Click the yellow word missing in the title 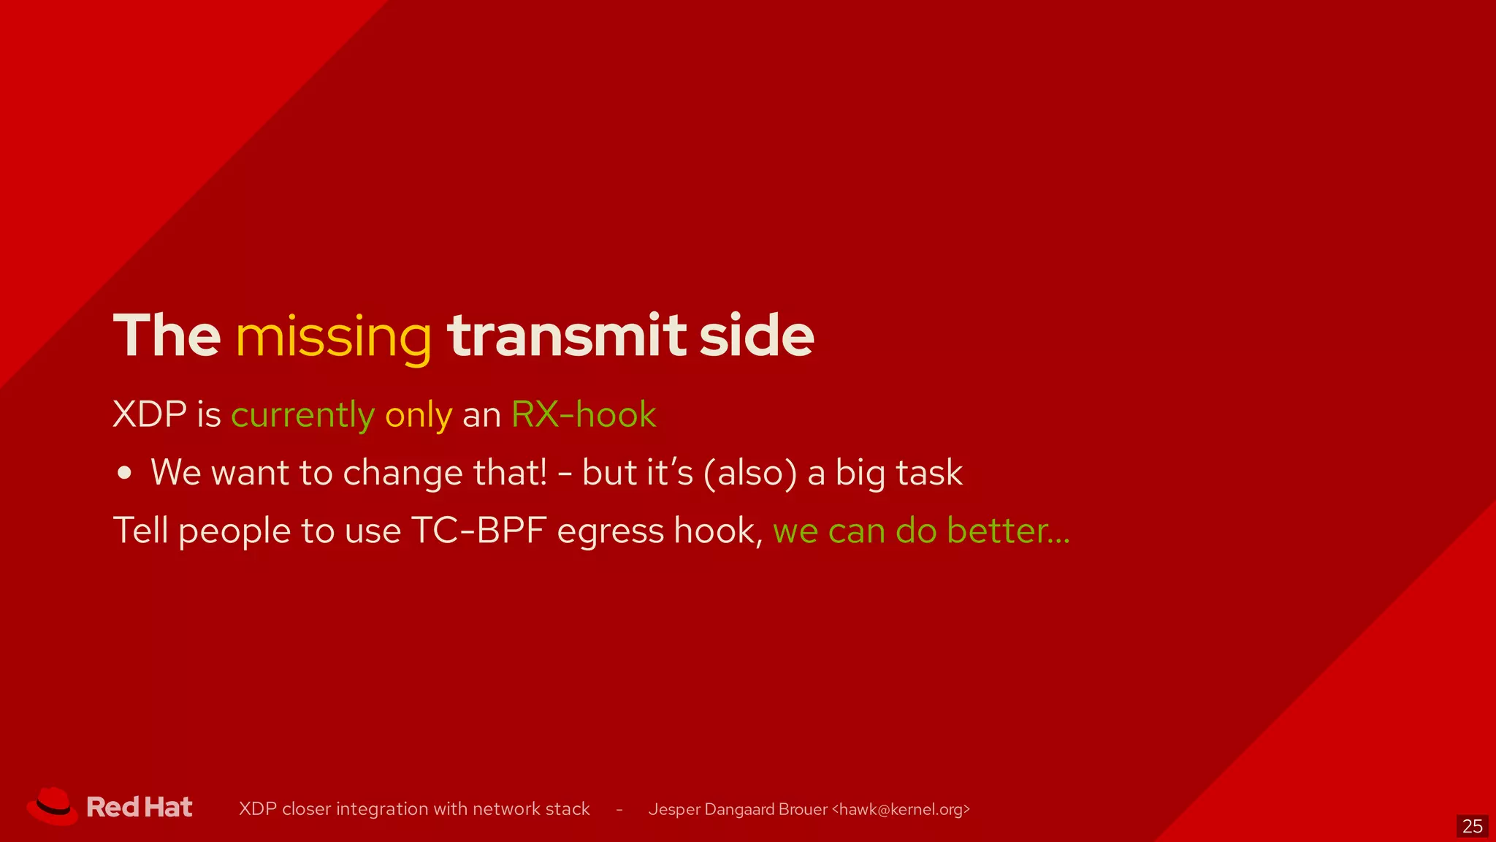[334, 338]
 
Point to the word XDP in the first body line [150, 414]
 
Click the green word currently [302, 416]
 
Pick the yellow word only [419, 416]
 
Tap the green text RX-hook [583, 414]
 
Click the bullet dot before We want [125, 473]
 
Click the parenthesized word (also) [749, 473]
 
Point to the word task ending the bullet [929, 473]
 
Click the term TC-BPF [478, 531]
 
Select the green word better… [1008, 531]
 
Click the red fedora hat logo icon [53, 806]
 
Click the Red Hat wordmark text [140, 807]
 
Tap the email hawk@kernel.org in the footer [901, 809]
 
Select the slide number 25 [1472, 826]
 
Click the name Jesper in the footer [673, 810]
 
